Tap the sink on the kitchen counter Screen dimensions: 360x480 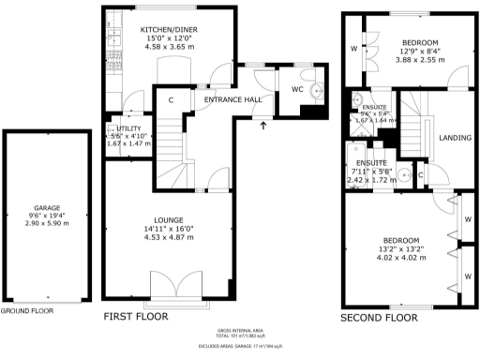point(113,37)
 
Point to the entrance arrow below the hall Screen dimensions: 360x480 point(263,124)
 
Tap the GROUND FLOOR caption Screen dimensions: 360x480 point(26,310)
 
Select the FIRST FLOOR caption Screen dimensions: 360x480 point(136,317)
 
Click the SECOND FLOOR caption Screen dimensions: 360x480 point(379,318)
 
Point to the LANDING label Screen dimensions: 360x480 point(455,138)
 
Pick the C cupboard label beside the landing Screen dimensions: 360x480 point(420,174)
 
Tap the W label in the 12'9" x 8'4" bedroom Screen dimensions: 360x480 point(353,47)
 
